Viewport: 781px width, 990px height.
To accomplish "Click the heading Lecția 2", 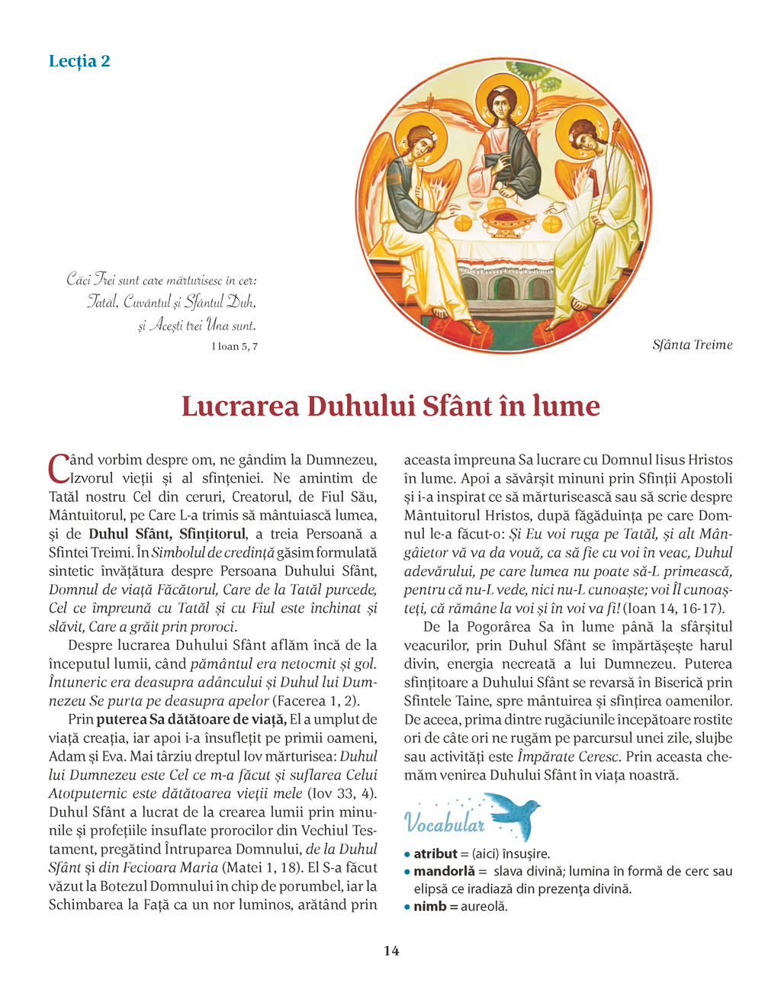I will click(79, 61).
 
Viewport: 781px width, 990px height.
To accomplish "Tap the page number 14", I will click(390, 950).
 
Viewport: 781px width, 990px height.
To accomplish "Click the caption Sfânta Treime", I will click(692, 345).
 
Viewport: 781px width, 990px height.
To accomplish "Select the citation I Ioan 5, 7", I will click(234, 346).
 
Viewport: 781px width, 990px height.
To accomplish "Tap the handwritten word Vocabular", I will click(444, 823).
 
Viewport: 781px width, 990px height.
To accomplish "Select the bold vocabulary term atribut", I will click(435, 853).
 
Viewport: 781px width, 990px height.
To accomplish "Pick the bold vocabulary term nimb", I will click(430, 906).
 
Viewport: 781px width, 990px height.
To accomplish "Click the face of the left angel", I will click(421, 142).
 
